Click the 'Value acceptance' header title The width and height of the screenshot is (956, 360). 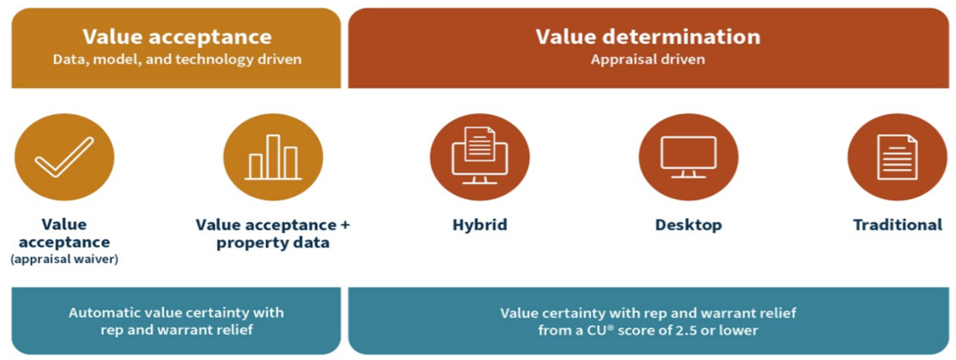(177, 37)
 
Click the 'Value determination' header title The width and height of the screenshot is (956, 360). (648, 37)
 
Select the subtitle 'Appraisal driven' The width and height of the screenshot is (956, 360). (648, 60)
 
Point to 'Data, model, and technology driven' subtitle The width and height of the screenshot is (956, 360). (177, 60)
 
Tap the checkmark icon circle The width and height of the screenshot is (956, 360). (64, 157)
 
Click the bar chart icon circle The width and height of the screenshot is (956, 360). (273, 157)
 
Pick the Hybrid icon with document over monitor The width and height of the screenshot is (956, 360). (480, 157)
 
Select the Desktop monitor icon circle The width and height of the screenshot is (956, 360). (688, 157)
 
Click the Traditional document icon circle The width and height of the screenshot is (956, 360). (897, 157)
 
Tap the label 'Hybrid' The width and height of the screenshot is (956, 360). (480, 225)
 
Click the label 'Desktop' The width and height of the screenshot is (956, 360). (688, 225)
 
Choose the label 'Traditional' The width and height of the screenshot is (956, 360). (897, 225)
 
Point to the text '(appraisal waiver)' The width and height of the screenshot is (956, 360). (64, 260)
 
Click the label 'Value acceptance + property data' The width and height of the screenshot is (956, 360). (273, 234)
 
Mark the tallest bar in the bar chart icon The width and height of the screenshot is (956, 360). (274, 157)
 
